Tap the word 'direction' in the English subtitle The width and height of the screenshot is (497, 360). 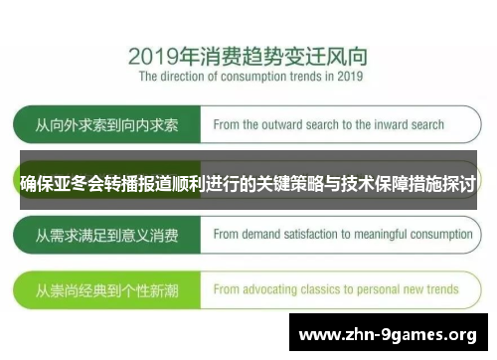[x=186, y=76]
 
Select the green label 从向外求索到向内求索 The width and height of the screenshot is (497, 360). [x=106, y=126]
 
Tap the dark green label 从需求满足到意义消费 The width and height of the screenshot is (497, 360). [x=106, y=236]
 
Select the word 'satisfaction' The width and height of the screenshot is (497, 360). [x=320, y=236]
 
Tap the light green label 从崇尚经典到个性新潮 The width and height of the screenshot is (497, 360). [x=106, y=289]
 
